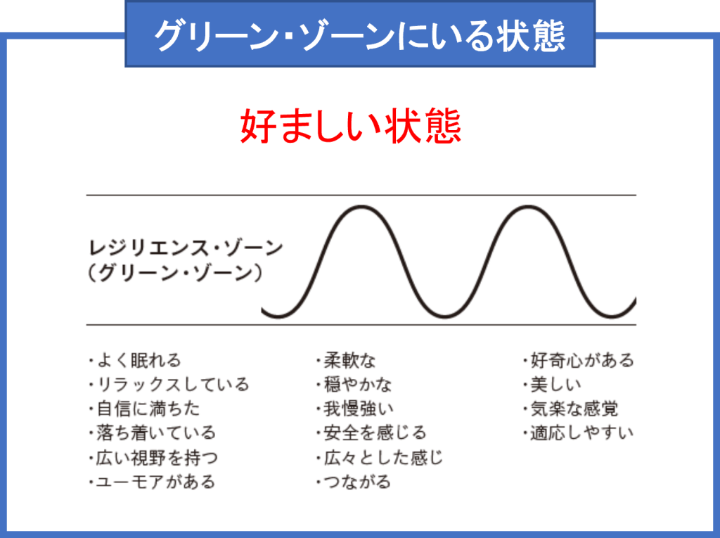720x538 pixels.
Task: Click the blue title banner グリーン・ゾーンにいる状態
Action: tap(360, 34)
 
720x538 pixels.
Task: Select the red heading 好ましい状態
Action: tap(350, 127)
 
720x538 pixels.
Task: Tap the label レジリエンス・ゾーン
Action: tap(186, 248)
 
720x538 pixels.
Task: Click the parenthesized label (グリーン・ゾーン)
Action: tap(175, 273)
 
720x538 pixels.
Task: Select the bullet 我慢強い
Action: tap(354, 409)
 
